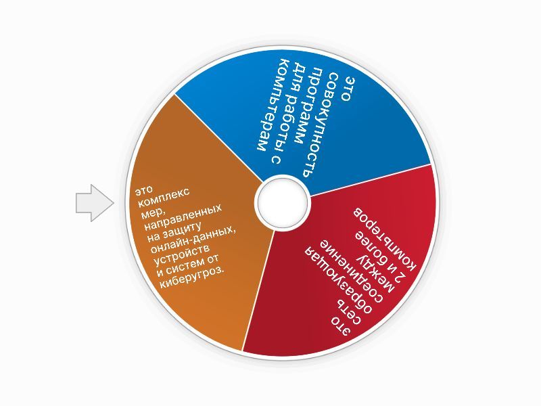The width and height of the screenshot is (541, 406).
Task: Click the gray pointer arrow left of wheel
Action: click(x=93, y=202)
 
